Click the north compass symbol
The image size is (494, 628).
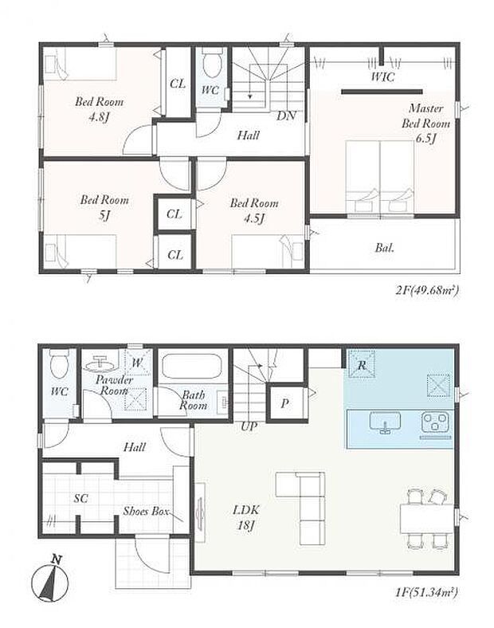(49, 579)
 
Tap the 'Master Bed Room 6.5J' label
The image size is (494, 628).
(425, 124)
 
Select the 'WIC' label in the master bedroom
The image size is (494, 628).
(382, 78)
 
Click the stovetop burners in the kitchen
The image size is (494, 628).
(435, 422)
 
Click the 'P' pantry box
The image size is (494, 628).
(284, 403)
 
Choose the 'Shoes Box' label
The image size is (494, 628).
(146, 511)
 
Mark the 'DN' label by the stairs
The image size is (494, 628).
(286, 116)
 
